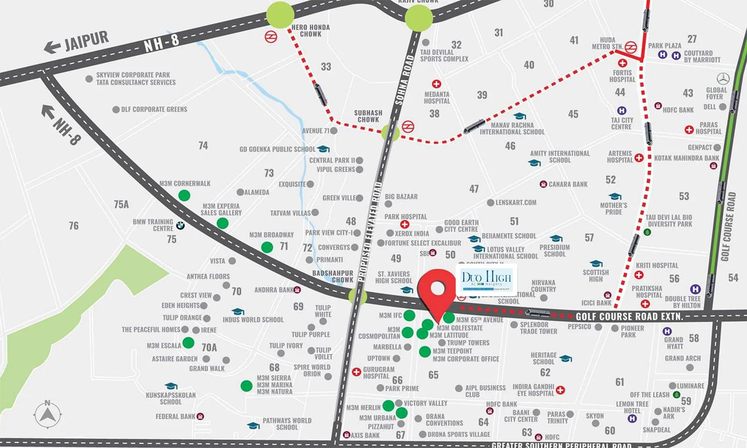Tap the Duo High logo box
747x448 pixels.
click(x=486, y=280)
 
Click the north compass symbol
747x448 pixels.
click(x=48, y=413)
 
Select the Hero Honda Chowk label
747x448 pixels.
click(x=310, y=31)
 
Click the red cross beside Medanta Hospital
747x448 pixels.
click(x=437, y=84)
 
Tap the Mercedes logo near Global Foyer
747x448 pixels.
click(x=723, y=78)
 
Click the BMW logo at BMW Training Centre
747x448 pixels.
click(x=180, y=225)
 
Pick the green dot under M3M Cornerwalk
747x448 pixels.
click(x=184, y=196)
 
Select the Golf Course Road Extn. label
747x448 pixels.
click(x=629, y=316)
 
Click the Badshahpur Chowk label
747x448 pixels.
click(x=333, y=276)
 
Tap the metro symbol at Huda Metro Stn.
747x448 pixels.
click(x=631, y=47)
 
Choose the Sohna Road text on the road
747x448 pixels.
click(x=404, y=79)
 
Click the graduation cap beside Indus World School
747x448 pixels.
click(x=238, y=311)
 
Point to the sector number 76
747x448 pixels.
click(x=74, y=226)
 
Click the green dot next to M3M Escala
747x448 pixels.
click(x=189, y=343)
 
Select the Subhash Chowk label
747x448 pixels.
click(x=368, y=116)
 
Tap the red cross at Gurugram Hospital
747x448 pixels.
click(x=356, y=372)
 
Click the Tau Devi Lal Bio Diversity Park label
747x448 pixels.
click(x=669, y=221)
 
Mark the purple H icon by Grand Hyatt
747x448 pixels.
click(x=667, y=331)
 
